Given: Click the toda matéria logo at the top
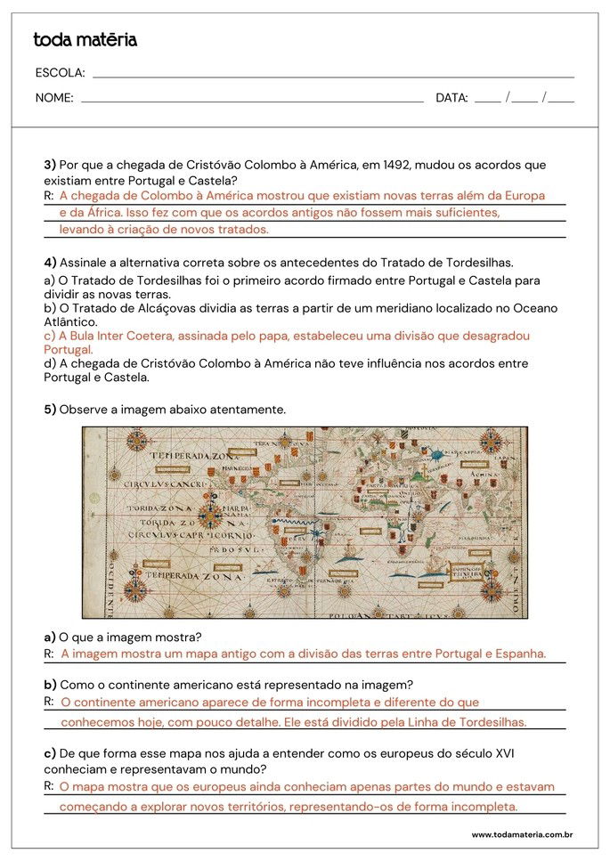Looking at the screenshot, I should click(x=85, y=40).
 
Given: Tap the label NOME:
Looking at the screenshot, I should click(x=54, y=98).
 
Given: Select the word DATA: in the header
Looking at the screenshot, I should click(x=451, y=98).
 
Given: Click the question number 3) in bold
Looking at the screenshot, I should click(x=50, y=165).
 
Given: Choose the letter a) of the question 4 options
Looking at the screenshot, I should click(x=49, y=280).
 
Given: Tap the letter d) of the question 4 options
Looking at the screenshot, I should click(x=49, y=363).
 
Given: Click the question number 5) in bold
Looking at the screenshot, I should click(x=50, y=409).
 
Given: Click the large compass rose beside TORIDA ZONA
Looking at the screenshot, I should click(x=210, y=513).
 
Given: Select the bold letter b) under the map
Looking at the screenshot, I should click(x=50, y=684).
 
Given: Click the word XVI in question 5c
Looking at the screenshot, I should click(x=503, y=753).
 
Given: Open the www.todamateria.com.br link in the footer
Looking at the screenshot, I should click(x=521, y=835).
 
